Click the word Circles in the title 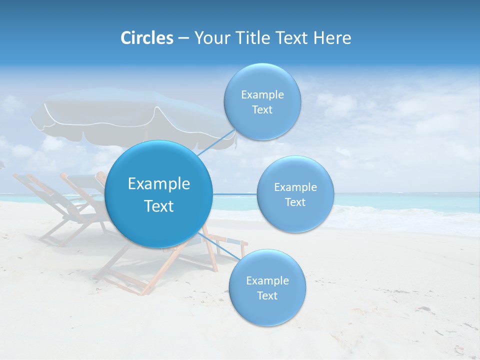146,38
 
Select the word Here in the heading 332,38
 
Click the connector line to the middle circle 235,193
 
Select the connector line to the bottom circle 220,245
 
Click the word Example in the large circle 159,184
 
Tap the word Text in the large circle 159,206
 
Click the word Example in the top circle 262,95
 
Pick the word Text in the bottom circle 267,296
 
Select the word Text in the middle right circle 295,202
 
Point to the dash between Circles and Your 183,38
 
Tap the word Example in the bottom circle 267,281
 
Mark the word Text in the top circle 262,110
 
